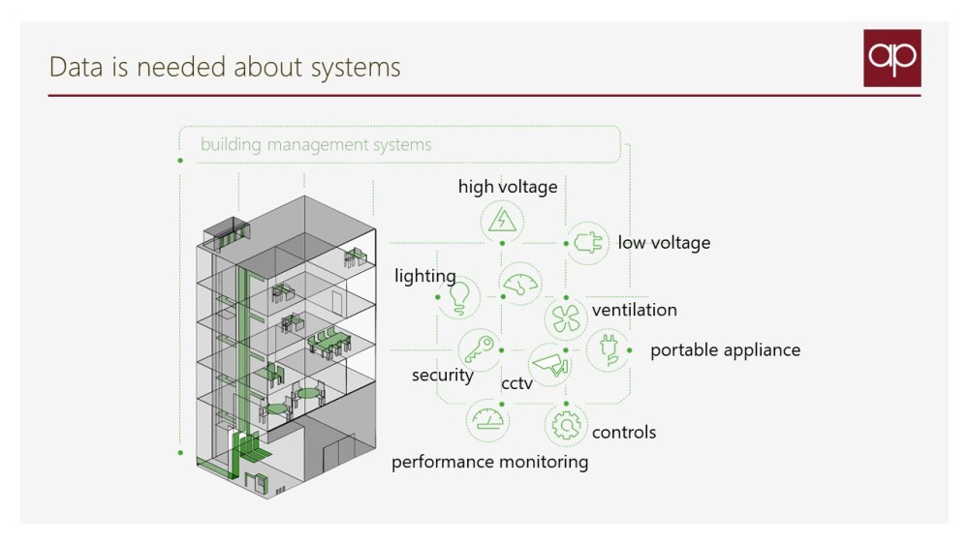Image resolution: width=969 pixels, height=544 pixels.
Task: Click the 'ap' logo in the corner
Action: pos(891,58)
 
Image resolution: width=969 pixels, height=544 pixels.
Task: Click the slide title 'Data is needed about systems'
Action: pos(224,67)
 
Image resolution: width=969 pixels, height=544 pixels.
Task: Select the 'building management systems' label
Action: pos(316,145)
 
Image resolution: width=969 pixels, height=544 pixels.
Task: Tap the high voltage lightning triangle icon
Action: pos(502,222)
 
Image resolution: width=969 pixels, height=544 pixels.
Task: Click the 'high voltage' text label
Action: pos(508,187)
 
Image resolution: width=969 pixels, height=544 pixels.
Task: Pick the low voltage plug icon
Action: pos(587,243)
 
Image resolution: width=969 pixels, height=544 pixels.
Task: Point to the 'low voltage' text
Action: pos(664,243)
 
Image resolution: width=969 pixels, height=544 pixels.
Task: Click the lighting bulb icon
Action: pos(460,295)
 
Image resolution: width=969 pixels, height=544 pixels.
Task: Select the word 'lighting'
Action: pos(424,277)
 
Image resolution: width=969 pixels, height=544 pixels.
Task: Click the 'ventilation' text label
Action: pos(634,311)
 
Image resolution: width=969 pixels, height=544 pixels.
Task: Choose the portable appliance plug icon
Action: pos(609,349)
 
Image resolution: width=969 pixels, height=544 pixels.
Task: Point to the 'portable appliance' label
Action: pos(725,350)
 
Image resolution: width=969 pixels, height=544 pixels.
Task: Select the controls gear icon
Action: pos(566,424)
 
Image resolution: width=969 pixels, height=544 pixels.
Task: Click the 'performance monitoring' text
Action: pos(489,463)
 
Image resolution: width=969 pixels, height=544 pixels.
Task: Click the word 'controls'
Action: pos(623,433)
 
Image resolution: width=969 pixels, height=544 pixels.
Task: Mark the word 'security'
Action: pos(442,376)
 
